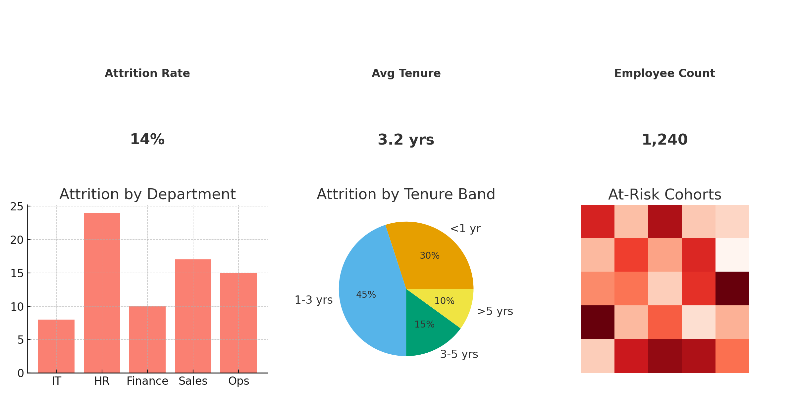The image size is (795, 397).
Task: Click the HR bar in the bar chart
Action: (102, 292)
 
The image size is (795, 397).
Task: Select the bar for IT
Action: (56, 346)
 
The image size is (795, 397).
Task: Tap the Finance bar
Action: (147, 339)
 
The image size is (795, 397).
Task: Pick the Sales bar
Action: (193, 316)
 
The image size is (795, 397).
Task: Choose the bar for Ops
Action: (238, 323)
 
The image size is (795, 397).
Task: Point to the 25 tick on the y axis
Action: (17, 207)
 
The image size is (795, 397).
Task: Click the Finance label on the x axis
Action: (147, 381)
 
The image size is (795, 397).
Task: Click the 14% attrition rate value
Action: (147, 139)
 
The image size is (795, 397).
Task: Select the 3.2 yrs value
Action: (406, 140)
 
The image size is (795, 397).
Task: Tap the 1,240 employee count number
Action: (664, 140)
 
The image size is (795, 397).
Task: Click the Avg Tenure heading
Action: (406, 73)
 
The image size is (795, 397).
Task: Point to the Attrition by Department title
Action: (147, 194)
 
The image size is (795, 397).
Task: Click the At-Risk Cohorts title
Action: (664, 195)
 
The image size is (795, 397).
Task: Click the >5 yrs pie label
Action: (495, 311)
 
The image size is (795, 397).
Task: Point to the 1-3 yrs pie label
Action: (313, 300)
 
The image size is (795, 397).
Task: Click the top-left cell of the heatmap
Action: (597, 221)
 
